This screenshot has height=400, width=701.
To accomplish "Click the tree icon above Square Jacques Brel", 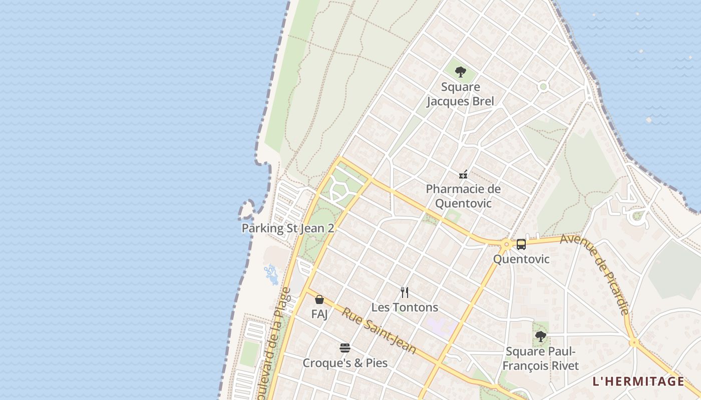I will [x=460, y=72].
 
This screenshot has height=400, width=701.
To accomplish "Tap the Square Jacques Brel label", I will [x=460, y=94].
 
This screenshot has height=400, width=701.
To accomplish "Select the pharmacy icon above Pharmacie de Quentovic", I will [x=463, y=174].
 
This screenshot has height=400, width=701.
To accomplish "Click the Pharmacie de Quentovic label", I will [x=463, y=196].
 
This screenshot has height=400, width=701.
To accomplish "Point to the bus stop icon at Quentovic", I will [x=521, y=244].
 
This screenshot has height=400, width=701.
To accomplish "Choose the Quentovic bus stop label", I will [x=521, y=259].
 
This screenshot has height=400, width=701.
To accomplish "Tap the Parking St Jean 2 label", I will [x=288, y=228].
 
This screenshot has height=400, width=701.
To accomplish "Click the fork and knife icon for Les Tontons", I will [x=405, y=292].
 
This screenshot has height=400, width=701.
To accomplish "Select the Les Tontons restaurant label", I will [x=405, y=307].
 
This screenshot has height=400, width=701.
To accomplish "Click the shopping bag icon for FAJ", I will [x=319, y=299].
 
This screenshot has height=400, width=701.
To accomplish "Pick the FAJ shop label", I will [x=319, y=314].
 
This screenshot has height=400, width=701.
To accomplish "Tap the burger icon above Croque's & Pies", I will [x=344, y=347].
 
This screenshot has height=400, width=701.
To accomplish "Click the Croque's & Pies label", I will [x=345, y=362].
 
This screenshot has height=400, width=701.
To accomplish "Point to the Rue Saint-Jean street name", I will [x=379, y=331].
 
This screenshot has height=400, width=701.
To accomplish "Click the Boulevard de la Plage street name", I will [x=273, y=345].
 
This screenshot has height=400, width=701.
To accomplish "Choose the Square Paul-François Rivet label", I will [x=541, y=358].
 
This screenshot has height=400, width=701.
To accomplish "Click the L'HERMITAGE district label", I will [x=638, y=381].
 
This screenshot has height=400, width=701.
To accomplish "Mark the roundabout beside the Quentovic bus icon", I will [x=507, y=244].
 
